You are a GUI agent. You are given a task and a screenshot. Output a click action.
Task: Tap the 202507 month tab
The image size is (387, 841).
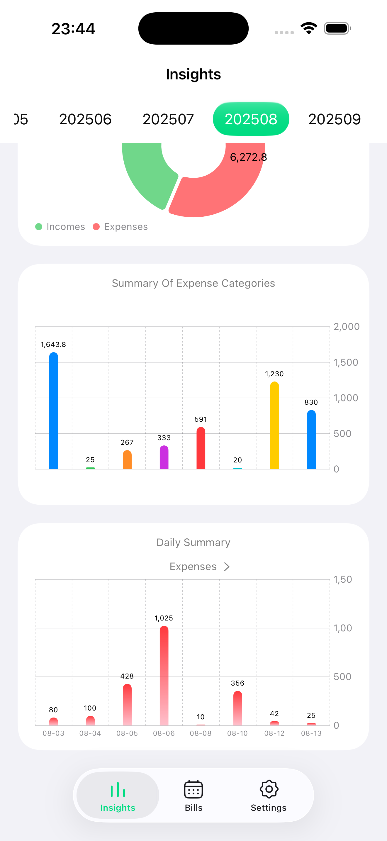(x=168, y=119)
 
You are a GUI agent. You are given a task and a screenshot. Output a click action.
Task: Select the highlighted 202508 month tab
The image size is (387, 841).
(x=251, y=119)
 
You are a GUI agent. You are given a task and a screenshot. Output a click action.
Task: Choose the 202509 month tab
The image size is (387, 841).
(x=334, y=119)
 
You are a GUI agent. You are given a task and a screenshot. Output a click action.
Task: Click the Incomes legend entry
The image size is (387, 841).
(x=60, y=227)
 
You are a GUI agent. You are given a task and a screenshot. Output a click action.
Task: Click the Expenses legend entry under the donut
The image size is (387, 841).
(x=120, y=227)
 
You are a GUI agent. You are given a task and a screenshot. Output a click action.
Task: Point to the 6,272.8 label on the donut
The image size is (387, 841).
(x=248, y=157)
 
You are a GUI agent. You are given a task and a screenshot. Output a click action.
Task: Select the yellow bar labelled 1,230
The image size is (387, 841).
(x=274, y=426)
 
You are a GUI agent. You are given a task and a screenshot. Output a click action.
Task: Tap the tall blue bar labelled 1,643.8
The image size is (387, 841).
(x=54, y=411)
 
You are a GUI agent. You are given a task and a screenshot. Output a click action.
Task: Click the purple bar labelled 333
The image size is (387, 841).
(x=164, y=458)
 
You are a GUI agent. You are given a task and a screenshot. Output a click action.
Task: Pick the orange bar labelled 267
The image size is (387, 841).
(x=127, y=460)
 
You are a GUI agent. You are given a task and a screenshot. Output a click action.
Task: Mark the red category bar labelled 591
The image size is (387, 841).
(x=201, y=449)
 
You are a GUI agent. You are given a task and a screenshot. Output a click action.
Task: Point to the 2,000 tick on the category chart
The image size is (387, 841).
(x=346, y=326)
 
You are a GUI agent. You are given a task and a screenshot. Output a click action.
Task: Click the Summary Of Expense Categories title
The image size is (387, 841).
(x=193, y=283)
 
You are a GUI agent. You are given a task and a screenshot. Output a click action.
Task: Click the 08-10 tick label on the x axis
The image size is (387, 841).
(x=237, y=733)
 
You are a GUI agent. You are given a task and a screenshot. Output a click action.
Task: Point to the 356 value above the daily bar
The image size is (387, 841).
(x=237, y=683)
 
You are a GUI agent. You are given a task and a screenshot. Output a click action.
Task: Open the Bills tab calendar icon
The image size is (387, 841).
(x=193, y=789)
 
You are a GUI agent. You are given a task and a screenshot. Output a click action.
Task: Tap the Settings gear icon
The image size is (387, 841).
(x=269, y=789)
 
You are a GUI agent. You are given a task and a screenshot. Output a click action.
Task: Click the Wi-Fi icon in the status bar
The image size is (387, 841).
(x=309, y=28)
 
